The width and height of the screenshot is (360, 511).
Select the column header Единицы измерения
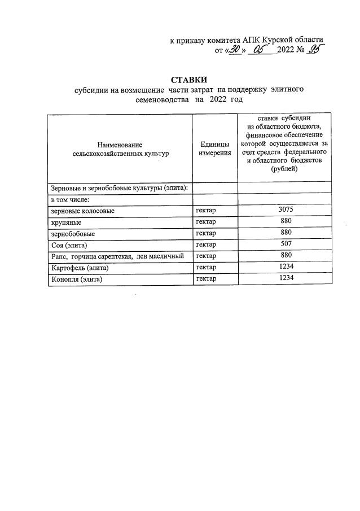point(214,149)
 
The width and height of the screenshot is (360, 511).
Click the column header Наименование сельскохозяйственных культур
point(120,149)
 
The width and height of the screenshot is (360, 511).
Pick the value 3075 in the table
point(285,211)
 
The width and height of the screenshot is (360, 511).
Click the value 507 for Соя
point(285,244)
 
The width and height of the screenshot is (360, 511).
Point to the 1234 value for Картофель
point(285,267)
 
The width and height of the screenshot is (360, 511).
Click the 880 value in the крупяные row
point(285,222)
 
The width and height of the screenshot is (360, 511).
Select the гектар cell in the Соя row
point(206,244)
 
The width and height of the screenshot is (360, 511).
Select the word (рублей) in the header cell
point(285,170)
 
